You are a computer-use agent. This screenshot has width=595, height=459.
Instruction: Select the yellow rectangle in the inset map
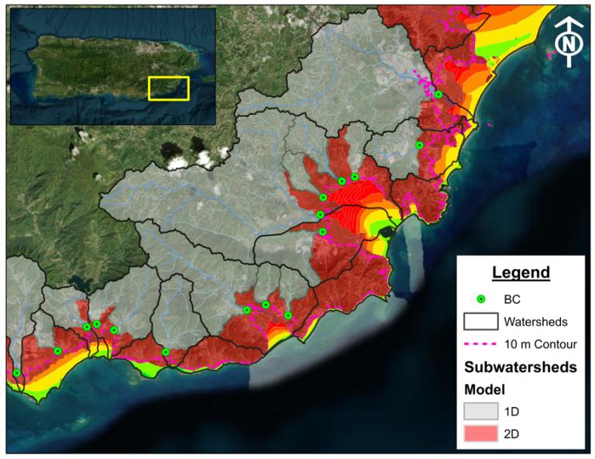click(169, 88)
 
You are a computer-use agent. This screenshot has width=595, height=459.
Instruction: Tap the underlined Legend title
click(520, 272)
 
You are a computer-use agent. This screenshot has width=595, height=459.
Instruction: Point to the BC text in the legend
click(512, 299)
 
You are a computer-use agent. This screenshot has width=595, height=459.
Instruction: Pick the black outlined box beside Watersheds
click(480, 321)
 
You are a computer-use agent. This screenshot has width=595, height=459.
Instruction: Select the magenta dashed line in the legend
click(480, 343)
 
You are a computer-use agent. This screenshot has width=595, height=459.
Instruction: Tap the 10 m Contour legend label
click(540, 343)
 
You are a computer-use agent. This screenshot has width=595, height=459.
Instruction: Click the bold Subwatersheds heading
click(520, 367)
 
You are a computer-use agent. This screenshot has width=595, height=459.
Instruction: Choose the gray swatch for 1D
click(480, 411)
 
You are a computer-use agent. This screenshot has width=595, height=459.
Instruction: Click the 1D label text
click(511, 411)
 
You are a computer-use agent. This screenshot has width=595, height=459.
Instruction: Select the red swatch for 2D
click(480, 434)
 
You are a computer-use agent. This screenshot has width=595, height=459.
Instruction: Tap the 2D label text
click(511, 434)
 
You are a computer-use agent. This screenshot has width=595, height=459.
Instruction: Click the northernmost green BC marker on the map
click(439, 95)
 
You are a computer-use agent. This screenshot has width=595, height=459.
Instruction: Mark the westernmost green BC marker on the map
click(17, 373)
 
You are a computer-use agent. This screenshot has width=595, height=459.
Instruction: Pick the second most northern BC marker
click(419, 145)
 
